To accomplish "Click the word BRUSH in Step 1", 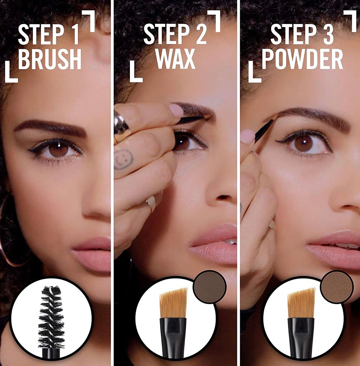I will coord(50,59).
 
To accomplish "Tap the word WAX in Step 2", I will coord(176,59).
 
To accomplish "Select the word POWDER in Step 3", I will coord(302,59).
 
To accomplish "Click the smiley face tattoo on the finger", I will coord(124,159).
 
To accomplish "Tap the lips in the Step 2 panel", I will coord(213,244).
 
